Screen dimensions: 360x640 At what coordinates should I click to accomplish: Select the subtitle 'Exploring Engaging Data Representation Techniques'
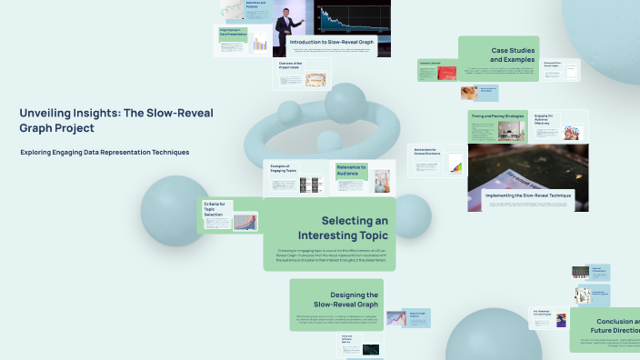coord(105,152)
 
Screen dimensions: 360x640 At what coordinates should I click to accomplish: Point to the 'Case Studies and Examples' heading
coord(515,55)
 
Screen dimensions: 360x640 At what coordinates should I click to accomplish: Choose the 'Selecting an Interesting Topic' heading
coord(355,228)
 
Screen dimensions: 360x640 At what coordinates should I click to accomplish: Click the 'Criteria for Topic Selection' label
coord(216,207)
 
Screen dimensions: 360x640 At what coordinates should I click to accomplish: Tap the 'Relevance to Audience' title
coord(351,169)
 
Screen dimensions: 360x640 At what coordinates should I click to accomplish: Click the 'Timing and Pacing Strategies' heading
coord(497,116)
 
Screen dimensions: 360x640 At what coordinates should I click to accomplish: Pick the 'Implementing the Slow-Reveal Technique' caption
coord(528,195)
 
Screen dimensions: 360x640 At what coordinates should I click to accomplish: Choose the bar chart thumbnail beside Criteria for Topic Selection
coord(244,222)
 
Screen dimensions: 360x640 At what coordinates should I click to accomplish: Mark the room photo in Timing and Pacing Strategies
coord(515,133)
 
